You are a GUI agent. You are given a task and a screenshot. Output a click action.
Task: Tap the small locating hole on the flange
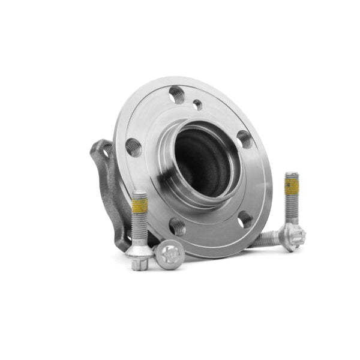coord(197,104)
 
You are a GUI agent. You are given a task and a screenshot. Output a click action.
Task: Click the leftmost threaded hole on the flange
coord(133,147)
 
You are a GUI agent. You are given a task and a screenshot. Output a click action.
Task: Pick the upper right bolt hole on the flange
coord(244,139)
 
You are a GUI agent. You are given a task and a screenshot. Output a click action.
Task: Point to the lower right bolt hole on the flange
coord(246,220)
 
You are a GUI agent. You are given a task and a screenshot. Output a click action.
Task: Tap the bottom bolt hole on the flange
coord(177,226)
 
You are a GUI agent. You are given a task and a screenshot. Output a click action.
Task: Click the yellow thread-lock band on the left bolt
coord(140,206)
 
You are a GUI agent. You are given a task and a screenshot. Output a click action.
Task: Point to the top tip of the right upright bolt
coord(292,175)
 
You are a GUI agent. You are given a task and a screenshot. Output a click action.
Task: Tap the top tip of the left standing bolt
coord(139,193)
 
